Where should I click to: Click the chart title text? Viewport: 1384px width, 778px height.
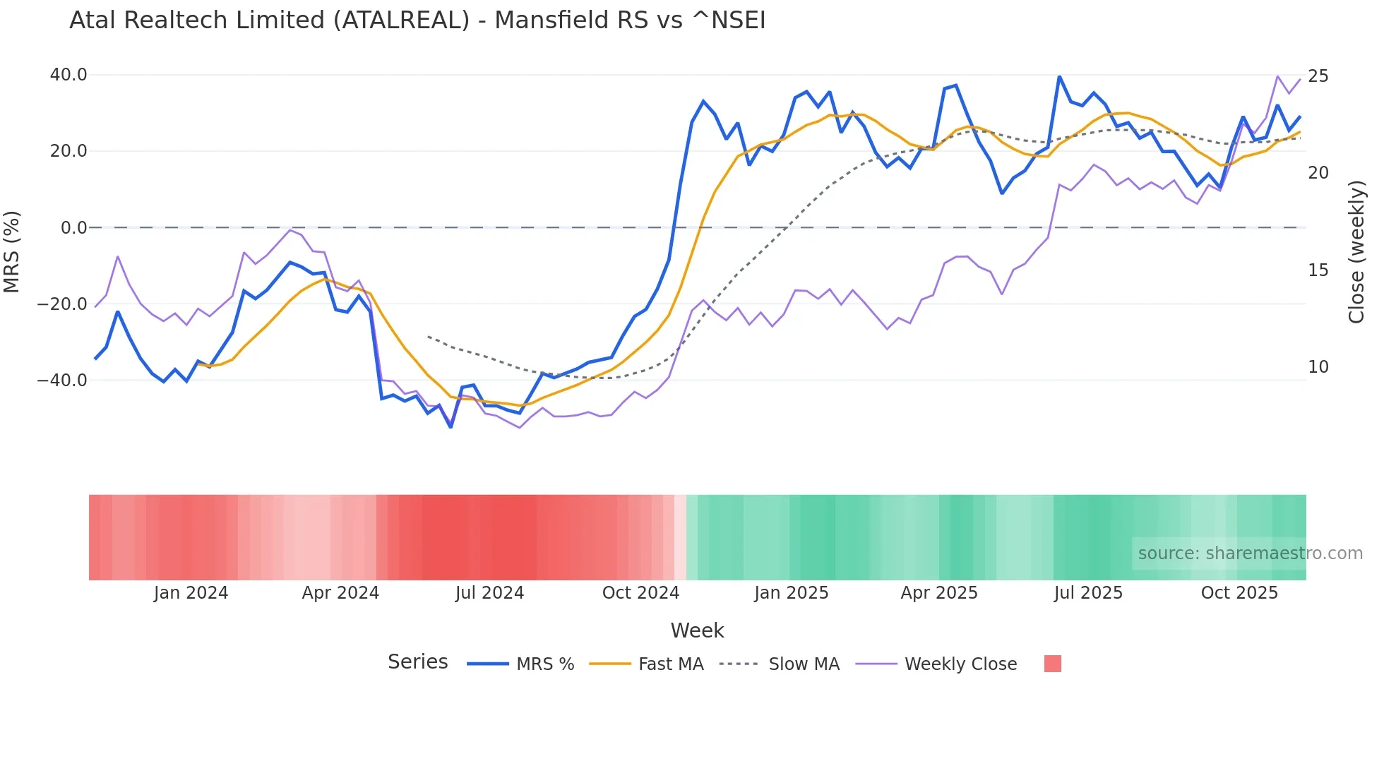pyautogui.click(x=417, y=20)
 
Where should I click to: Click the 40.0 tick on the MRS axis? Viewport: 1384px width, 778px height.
pyautogui.click(x=68, y=75)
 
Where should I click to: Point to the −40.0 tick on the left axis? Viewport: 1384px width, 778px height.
pyautogui.click(x=63, y=381)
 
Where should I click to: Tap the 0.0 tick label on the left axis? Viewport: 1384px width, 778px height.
pyautogui.click(x=74, y=228)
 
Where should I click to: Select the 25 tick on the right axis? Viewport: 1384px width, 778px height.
pyautogui.click(x=1318, y=76)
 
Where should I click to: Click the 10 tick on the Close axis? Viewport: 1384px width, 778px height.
pyautogui.click(x=1318, y=367)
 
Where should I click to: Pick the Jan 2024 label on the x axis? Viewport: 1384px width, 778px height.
pyautogui.click(x=191, y=593)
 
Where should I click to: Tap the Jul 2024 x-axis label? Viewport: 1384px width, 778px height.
pyautogui.click(x=489, y=593)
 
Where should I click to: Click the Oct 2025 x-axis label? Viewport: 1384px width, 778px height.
pyautogui.click(x=1239, y=593)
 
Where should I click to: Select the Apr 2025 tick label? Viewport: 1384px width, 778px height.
pyautogui.click(x=939, y=593)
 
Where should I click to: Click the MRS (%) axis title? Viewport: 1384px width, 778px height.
pyautogui.click(x=12, y=251)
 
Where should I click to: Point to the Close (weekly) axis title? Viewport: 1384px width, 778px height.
pyautogui.click(x=1356, y=252)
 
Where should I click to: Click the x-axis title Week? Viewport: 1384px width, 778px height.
pyautogui.click(x=697, y=630)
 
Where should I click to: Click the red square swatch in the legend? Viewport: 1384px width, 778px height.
pyautogui.click(x=1052, y=664)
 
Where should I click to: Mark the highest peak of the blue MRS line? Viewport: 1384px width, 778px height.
pyautogui.click(x=1059, y=76)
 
